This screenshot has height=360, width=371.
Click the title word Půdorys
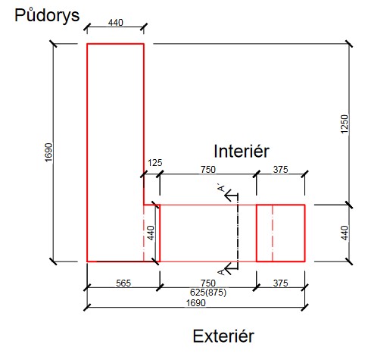pos(47,16)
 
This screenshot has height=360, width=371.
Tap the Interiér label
pos(242,151)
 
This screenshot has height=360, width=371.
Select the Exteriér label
pos(223,337)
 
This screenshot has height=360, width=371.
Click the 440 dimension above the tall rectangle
pos(116,23)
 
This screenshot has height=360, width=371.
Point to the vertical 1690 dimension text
pos(48,152)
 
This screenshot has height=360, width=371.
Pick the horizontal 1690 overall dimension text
pos(196,302)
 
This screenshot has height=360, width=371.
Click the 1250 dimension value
pos(344,124)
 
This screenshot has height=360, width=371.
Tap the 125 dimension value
pos(154,163)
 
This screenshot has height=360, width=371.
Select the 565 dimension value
pos(123,283)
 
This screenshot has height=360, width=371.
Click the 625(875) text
pos(208,293)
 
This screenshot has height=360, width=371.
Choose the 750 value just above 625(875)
pos(208,283)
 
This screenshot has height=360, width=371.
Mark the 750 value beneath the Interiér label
pos(208,169)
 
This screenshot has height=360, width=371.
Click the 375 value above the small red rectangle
pos(280,169)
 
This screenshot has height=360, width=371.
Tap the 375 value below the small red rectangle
pos(280,283)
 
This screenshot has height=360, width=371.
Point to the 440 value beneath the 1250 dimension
pos(344,233)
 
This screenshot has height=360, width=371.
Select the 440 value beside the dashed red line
pos(151,233)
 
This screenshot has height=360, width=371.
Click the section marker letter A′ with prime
pos(221,188)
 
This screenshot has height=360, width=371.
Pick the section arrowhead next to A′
pos(229,195)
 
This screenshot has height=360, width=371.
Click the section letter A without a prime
pos(221,272)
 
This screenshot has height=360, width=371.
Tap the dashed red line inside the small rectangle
pos(273,233)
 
